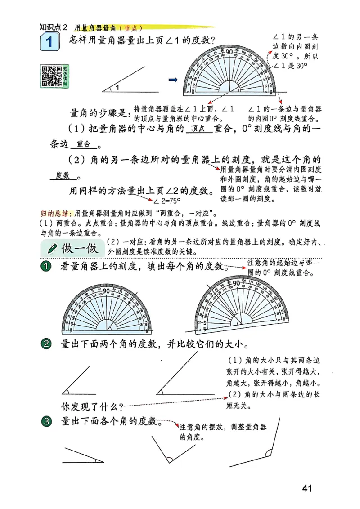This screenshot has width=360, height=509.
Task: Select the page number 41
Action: (307, 488)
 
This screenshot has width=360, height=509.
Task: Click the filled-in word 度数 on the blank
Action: (62, 175)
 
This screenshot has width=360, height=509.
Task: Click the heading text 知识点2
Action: (53, 27)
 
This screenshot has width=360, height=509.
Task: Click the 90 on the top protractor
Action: (229, 52)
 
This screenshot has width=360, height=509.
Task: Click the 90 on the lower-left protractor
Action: (107, 291)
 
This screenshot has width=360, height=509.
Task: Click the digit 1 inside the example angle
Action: (117, 88)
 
